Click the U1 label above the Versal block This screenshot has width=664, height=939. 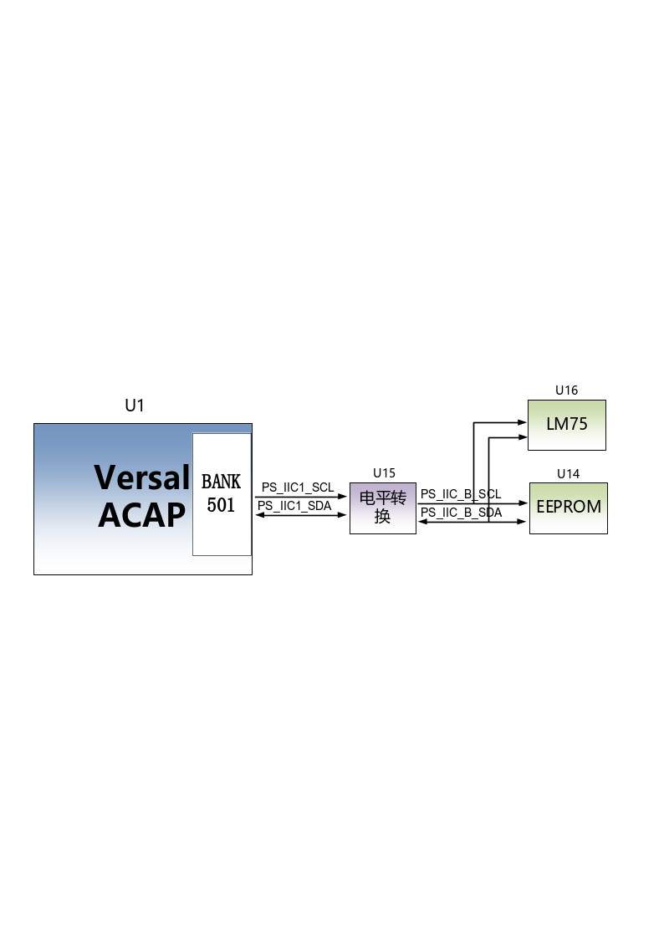pyautogui.click(x=135, y=406)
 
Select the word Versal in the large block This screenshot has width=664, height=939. pyautogui.click(x=142, y=477)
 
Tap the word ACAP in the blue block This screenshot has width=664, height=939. pyautogui.click(x=142, y=515)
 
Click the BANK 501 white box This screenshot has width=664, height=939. pyautogui.click(x=222, y=494)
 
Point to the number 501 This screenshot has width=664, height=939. pyautogui.click(x=221, y=505)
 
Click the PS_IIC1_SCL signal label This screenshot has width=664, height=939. pyautogui.click(x=298, y=487)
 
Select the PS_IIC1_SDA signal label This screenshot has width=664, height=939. pyautogui.click(x=294, y=506)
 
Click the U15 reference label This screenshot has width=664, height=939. pyautogui.click(x=384, y=473)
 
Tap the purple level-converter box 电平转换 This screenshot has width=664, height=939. pyautogui.click(x=382, y=508)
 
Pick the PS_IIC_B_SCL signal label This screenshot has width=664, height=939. pyautogui.click(x=461, y=494)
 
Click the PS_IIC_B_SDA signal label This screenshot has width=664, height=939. pyautogui.click(x=461, y=513)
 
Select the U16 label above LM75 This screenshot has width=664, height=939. pyautogui.click(x=566, y=390)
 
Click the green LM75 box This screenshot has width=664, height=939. pyautogui.click(x=566, y=425)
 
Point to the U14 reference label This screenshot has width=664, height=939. pyautogui.click(x=568, y=474)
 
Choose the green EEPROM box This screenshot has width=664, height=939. pyautogui.click(x=568, y=508)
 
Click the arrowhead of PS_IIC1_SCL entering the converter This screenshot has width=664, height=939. pyautogui.click(x=343, y=497)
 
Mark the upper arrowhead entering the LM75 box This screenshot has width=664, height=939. pyautogui.click(x=522, y=422)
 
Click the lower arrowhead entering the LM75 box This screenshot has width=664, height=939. pyautogui.click(x=522, y=437)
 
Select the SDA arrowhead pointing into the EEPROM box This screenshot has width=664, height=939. pyautogui.click(x=522, y=522)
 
